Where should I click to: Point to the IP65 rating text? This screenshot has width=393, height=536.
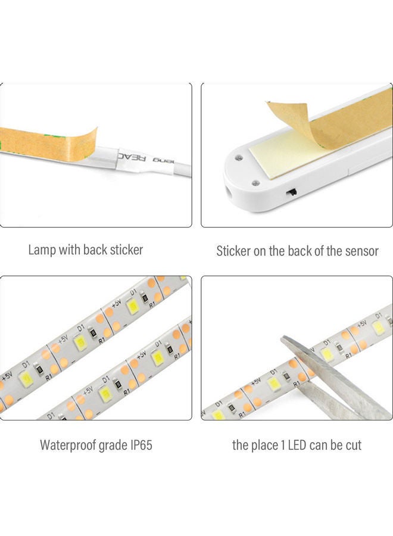[x=139, y=445]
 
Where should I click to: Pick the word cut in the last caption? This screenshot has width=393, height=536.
[x=351, y=445]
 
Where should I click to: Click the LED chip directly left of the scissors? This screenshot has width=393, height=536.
[x=273, y=384]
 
